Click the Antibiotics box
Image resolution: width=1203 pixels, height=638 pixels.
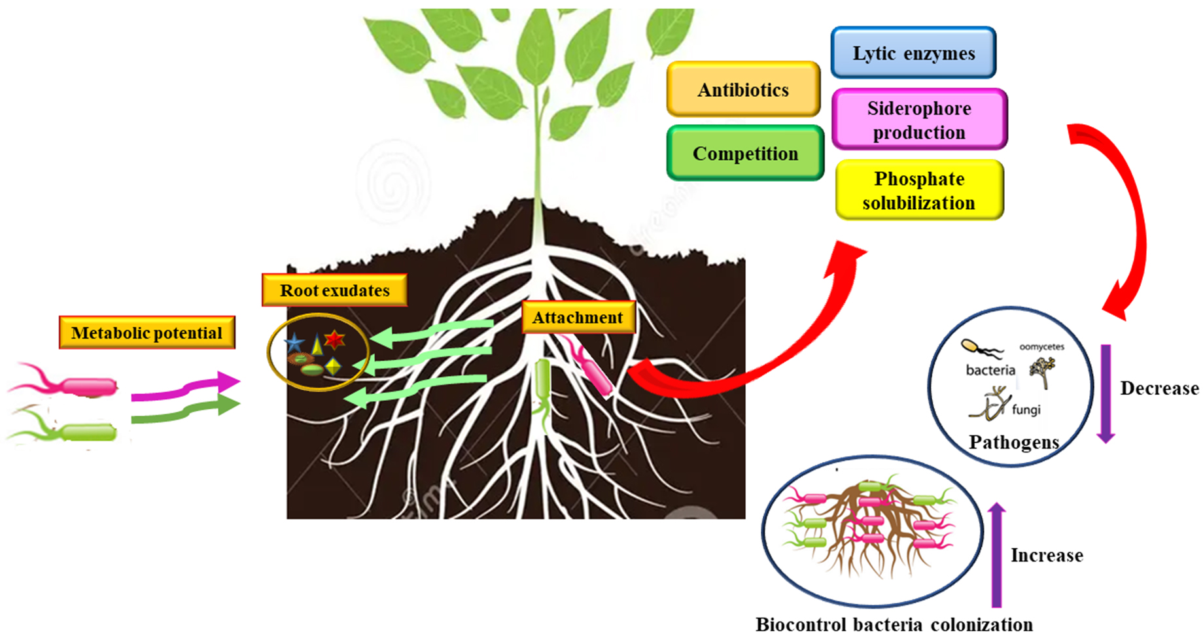(x=743, y=89)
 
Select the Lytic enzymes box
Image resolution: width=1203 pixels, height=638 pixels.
(x=913, y=52)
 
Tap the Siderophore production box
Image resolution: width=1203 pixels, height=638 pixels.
(x=919, y=120)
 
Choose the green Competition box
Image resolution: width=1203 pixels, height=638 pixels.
(x=745, y=153)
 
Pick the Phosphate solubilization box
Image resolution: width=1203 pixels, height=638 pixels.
(x=919, y=190)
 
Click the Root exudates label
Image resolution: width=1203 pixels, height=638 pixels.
(x=334, y=290)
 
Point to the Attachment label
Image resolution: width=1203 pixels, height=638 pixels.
(x=578, y=318)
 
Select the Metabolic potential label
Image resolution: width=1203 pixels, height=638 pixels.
(x=147, y=333)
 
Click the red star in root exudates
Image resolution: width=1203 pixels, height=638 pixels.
(x=334, y=339)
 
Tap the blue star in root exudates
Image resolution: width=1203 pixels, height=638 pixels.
(x=294, y=343)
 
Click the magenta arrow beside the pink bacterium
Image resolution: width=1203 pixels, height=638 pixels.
(x=186, y=387)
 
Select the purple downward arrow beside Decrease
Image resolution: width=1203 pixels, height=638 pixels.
(x=1106, y=394)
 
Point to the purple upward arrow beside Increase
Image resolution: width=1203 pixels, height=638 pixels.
(x=996, y=554)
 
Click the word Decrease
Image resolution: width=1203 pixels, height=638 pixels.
(x=1159, y=388)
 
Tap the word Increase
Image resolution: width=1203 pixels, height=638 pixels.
(x=1047, y=555)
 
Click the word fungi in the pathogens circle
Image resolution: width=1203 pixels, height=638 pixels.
(x=1026, y=410)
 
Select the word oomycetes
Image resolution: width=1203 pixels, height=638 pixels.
(x=1041, y=347)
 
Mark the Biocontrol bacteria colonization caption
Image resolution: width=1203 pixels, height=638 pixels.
(x=894, y=624)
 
